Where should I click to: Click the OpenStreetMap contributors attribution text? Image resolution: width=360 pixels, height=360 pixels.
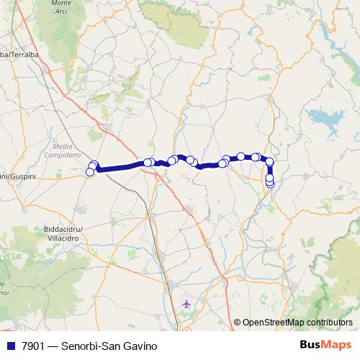click(x=297, y=323)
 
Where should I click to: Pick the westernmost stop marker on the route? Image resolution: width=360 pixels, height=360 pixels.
click(x=90, y=171)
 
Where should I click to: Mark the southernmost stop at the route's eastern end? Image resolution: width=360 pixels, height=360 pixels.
click(x=270, y=184)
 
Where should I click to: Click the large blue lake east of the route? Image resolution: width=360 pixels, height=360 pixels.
click(x=323, y=118)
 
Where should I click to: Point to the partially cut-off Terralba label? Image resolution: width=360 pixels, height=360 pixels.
click(x=14, y=54)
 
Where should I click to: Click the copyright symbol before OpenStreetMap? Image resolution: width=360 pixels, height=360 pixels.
click(x=237, y=323)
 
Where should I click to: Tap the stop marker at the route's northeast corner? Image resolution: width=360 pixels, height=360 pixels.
click(x=269, y=162)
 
